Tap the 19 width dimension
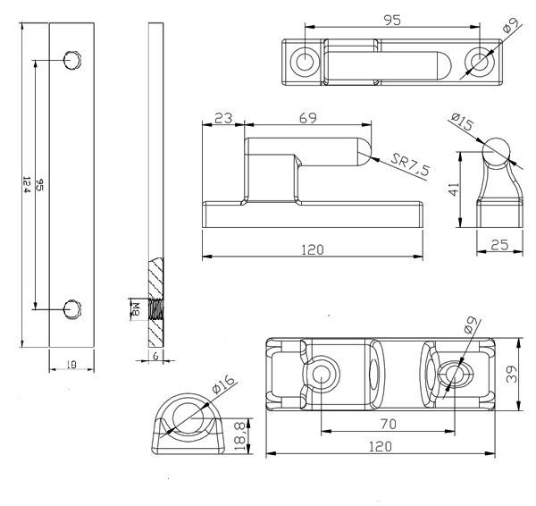click(x=71, y=365)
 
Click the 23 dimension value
click(x=223, y=117)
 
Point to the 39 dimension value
click(x=511, y=375)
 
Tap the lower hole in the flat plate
click(x=72, y=308)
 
